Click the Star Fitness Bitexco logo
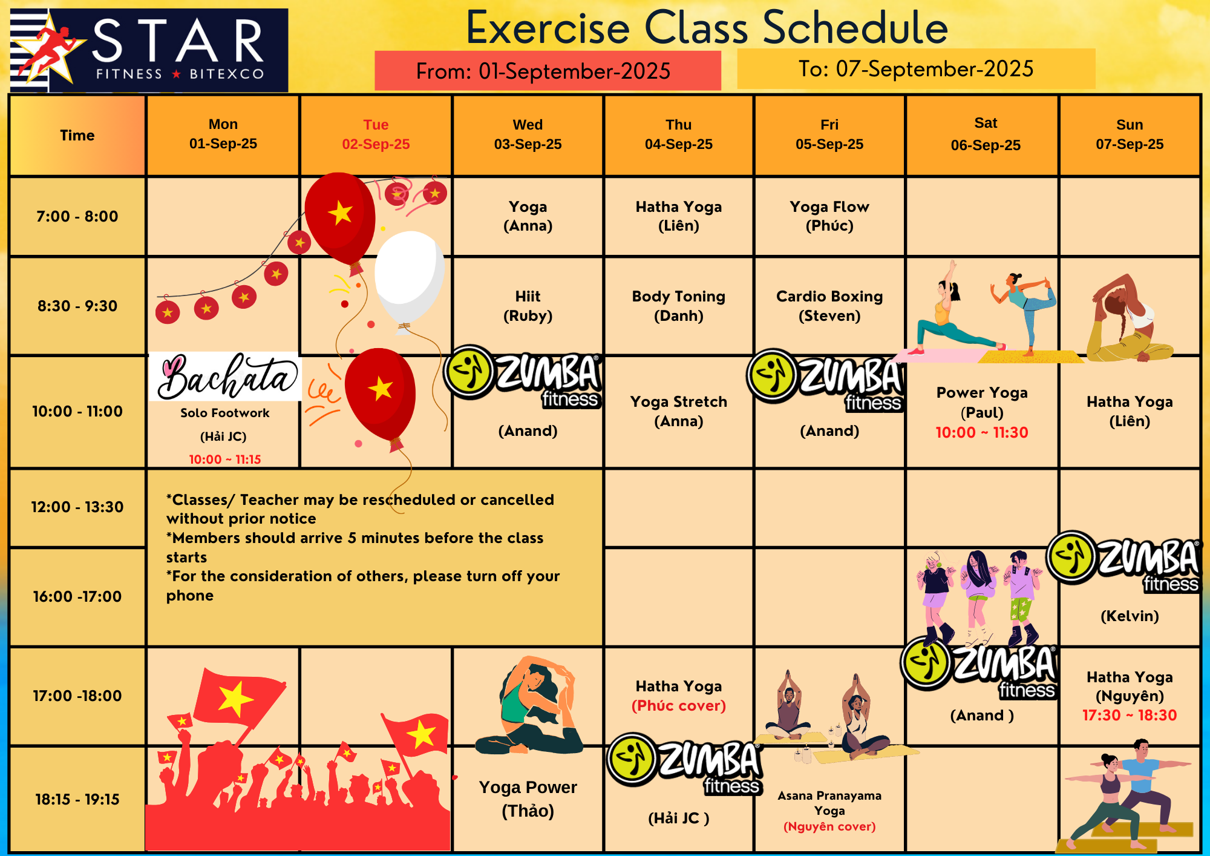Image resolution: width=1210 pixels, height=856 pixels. coord(149,50)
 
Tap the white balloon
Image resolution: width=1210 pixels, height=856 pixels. coord(410,278)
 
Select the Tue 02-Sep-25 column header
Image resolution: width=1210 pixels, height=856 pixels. coord(376,134)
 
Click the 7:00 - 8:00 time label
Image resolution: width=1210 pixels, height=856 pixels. coord(77,216)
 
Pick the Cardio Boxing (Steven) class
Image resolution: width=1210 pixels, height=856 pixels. coord(829,306)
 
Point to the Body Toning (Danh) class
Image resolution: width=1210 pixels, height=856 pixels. coord(679,306)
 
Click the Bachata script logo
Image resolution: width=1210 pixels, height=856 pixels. coord(225,377)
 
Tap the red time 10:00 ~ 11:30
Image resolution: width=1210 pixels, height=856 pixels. coord(982,432)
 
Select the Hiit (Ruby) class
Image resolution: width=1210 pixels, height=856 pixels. coord(528,306)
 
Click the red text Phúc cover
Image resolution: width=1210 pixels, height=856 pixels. coord(679,706)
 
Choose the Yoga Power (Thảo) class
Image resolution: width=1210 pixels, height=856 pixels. coord(528,799)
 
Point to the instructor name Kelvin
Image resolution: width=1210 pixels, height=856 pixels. coord(1130,616)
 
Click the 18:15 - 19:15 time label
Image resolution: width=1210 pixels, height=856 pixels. coord(77,799)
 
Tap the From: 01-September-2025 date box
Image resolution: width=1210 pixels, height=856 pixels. coord(548,71)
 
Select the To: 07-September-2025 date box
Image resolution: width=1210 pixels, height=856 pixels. coord(916,69)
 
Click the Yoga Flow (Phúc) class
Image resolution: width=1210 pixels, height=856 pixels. coord(829,216)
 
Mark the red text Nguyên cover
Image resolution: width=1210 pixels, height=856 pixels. coord(829,826)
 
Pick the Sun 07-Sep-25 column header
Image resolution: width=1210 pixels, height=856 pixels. coord(1130,134)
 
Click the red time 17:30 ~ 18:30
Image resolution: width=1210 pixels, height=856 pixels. coord(1130,716)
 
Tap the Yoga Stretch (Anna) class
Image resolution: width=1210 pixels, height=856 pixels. coord(679,411)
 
